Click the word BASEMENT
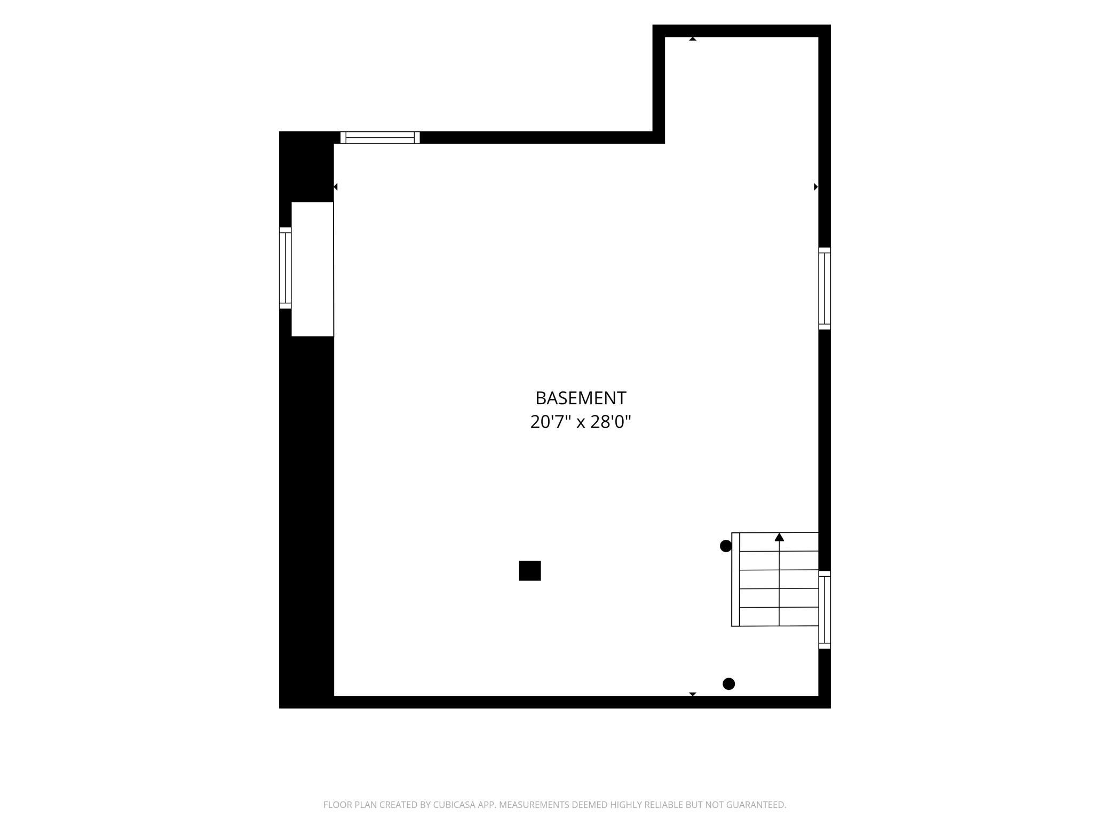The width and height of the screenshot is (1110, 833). pos(581,398)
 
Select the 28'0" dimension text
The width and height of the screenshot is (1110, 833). pos(610,422)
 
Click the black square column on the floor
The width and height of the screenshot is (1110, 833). pos(530,570)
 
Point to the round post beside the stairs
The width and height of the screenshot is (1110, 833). pos(726,546)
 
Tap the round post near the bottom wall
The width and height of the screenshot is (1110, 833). pos(728,683)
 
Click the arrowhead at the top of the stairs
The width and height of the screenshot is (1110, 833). pos(779,537)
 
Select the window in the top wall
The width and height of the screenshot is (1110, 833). pos(380,137)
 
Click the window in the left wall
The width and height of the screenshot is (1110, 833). pos(286,268)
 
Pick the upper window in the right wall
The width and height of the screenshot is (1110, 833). pos(824,288)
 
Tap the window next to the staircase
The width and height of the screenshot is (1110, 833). pos(824,610)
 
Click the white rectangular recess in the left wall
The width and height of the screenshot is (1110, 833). pos(312,269)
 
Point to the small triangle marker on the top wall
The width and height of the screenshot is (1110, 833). pos(693,39)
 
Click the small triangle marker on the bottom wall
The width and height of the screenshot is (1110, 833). pos(693,694)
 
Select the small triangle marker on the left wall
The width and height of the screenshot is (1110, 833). pos(336,186)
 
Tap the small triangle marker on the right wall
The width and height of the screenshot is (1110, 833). pos(815,186)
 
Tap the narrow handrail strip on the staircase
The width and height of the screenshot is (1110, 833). pos(735,579)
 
